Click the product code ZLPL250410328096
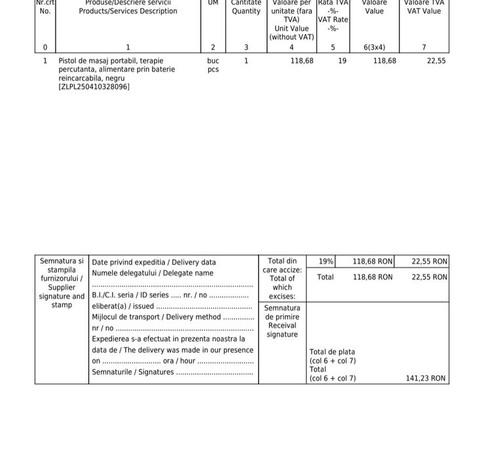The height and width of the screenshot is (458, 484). pyautogui.click(x=94, y=86)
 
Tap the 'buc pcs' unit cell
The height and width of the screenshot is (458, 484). pyautogui.click(x=213, y=65)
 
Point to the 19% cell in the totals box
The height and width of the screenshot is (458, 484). pyautogui.click(x=326, y=262)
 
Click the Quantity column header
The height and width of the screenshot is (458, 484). pyautogui.click(x=246, y=10)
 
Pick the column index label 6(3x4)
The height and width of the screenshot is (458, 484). pyautogui.click(x=374, y=47)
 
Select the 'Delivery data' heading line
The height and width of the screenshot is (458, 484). pyautogui.click(x=154, y=262)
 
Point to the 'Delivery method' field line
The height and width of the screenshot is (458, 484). pyautogui.click(x=172, y=317)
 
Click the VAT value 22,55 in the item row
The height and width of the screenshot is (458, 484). pyautogui.click(x=436, y=61)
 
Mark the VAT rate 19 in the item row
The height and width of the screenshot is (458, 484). pyautogui.click(x=343, y=61)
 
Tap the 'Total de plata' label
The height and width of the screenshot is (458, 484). pyautogui.click(x=332, y=352)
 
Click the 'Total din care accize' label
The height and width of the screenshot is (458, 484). pyautogui.click(x=282, y=270)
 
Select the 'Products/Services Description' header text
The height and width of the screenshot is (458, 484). pyautogui.click(x=128, y=11)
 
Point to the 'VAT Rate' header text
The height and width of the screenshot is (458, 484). pyautogui.click(x=333, y=20)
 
